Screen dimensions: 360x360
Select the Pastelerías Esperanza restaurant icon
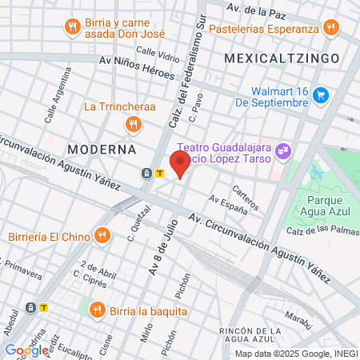click(x=330, y=29)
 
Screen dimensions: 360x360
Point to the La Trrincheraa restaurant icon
click(x=133, y=124)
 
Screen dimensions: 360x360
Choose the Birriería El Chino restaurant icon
click(x=101, y=235)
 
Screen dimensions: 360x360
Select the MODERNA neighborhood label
click(x=102, y=150)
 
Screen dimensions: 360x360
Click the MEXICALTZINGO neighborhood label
click(x=282, y=58)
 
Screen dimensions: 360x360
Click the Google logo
click(x=26, y=350)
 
